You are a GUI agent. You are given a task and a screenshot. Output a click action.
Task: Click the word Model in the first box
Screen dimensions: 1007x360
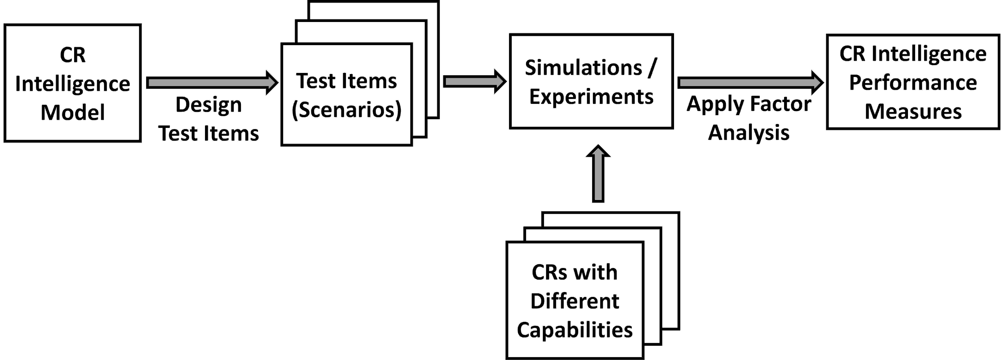pos(73,113)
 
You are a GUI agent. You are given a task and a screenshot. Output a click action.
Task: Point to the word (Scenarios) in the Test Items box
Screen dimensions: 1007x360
pos(347,110)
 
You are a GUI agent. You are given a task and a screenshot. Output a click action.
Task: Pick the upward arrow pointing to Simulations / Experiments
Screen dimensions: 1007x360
pos(598,173)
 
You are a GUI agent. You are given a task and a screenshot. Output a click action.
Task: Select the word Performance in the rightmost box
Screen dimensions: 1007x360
pos(913,83)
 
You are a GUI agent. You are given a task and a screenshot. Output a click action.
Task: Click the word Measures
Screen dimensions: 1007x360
pos(913,112)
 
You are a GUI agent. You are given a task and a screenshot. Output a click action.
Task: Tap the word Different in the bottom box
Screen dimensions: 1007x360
pos(575,301)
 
